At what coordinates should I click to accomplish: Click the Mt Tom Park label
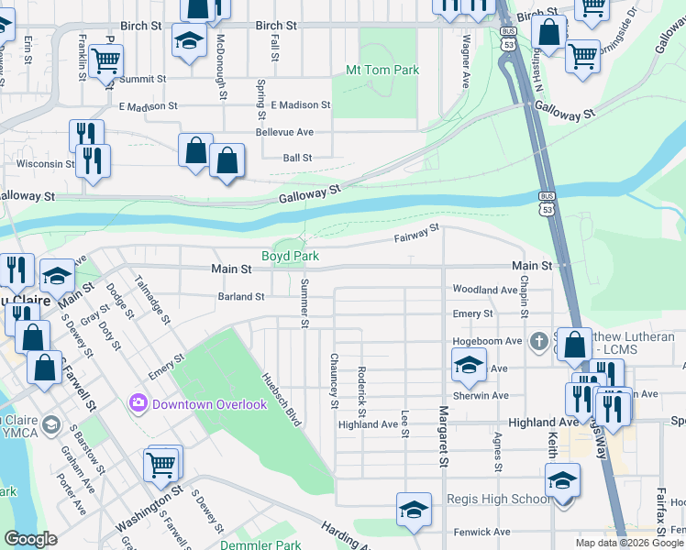point(382,70)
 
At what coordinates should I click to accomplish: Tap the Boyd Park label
point(290,256)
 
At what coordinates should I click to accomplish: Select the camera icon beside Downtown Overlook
point(138,402)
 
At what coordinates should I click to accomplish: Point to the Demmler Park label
point(260,545)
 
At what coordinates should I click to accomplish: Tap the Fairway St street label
point(417,234)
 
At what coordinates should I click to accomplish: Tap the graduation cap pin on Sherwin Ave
point(469,366)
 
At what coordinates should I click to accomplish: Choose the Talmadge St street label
point(151,299)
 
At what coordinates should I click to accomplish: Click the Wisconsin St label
point(45,164)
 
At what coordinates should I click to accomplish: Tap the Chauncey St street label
point(335,379)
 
